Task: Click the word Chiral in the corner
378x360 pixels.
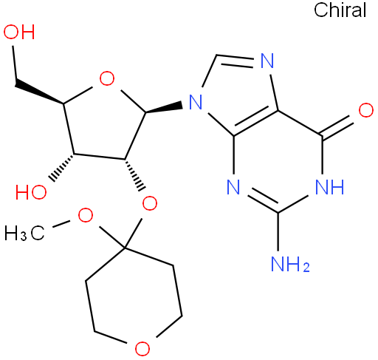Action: point(340,10)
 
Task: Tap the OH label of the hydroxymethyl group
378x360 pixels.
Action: point(19,32)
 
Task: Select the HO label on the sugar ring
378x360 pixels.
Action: point(31,192)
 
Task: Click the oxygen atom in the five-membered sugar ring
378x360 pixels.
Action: point(107,79)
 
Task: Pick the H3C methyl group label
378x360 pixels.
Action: point(24,233)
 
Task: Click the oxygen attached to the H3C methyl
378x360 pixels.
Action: point(86,215)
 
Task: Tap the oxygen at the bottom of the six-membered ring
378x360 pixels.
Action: point(142,348)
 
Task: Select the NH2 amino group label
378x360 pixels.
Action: point(290,264)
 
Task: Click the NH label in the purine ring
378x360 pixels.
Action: point(329,187)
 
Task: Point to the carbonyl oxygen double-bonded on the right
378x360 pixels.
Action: point(366,110)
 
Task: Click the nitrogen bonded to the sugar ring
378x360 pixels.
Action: point(196,102)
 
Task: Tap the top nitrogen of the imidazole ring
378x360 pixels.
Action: point(267,61)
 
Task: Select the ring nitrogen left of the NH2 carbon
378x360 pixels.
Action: point(233,187)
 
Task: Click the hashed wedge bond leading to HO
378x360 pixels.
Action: point(62,167)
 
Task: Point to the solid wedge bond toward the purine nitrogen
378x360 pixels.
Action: point(164,107)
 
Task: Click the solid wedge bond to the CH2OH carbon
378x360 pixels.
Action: point(39,93)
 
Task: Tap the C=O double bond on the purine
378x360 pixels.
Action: point(338,126)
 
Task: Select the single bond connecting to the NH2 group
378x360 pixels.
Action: point(278,231)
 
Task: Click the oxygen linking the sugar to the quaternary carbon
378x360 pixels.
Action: point(150,203)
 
